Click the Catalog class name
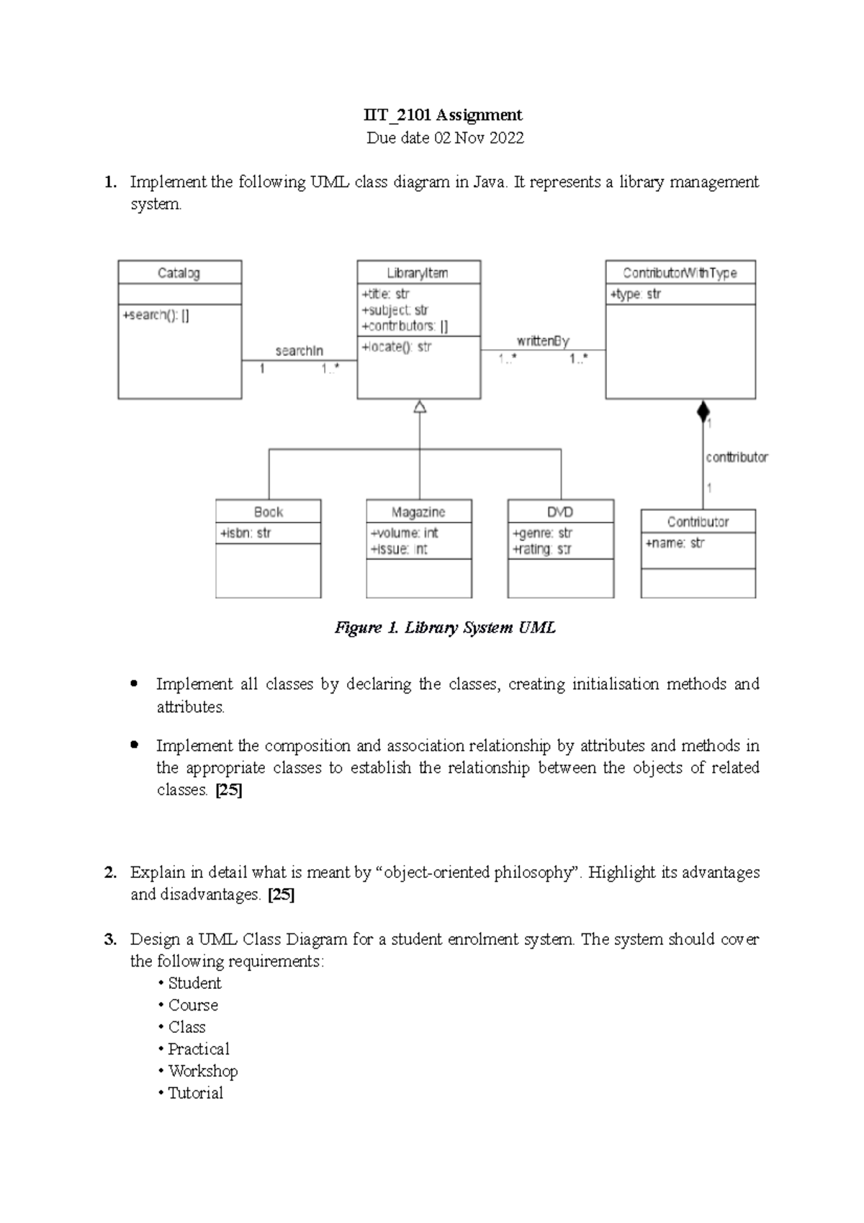click(x=179, y=273)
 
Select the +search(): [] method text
click(x=156, y=315)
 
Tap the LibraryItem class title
click(x=418, y=273)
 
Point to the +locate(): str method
click(x=397, y=346)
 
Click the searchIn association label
click(x=299, y=351)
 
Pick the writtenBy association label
click(x=543, y=341)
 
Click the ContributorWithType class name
click(x=680, y=273)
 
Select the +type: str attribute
click(x=635, y=294)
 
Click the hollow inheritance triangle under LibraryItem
click(x=420, y=407)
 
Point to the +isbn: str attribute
click(x=246, y=533)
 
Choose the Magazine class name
click(x=418, y=512)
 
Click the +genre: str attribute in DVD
click(x=541, y=533)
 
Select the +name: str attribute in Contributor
click(x=675, y=543)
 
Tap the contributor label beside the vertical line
click(x=737, y=457)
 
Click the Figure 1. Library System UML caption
click(x=445, y=627)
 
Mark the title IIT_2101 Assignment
click(x=443, y=115)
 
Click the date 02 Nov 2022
click(x=478, y=138)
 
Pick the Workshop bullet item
click(x=202, y=1071)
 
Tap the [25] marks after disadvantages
click(x=281, y=895)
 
